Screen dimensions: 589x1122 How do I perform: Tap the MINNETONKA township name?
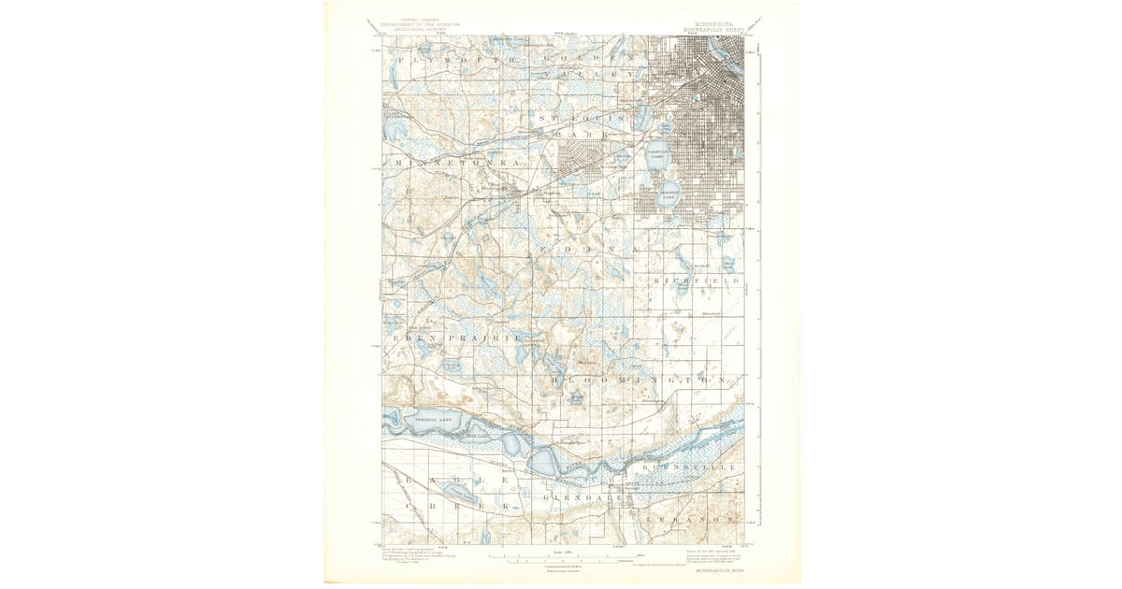458,163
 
